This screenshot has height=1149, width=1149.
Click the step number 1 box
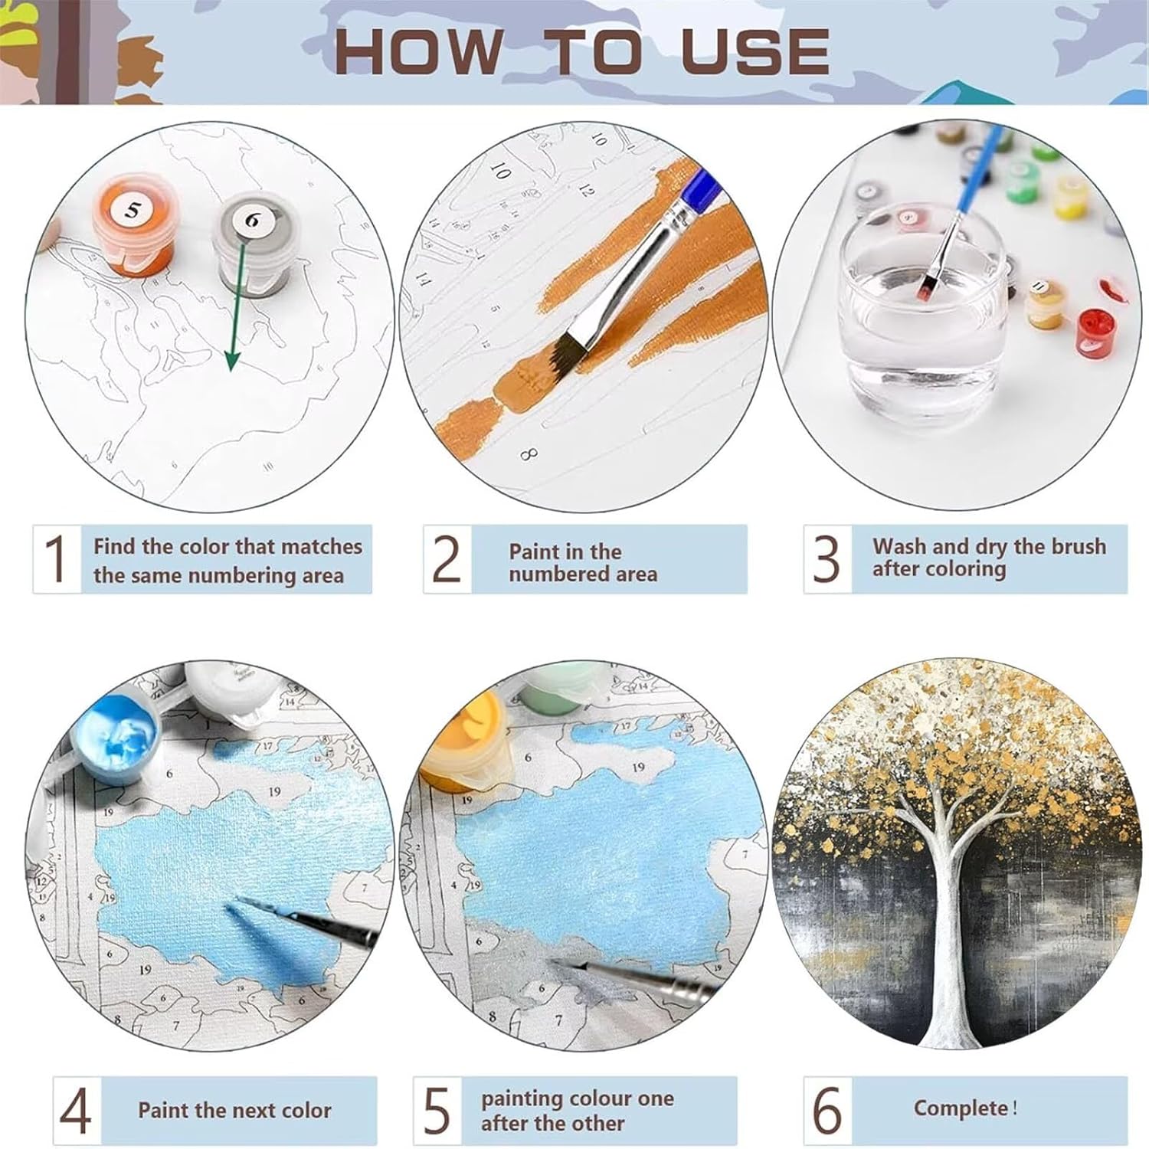coord(57,559)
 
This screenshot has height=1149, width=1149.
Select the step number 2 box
coord(447,559)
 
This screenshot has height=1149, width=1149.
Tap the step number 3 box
coord(827,559)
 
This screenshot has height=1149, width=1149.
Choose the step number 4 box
coord(77,1111)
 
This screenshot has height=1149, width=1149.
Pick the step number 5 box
coord(437,1111)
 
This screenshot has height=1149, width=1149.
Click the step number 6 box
coord(828,1111)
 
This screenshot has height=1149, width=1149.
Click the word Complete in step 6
coord(961,1108)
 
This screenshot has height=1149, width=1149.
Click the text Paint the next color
coord(234,1110)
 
